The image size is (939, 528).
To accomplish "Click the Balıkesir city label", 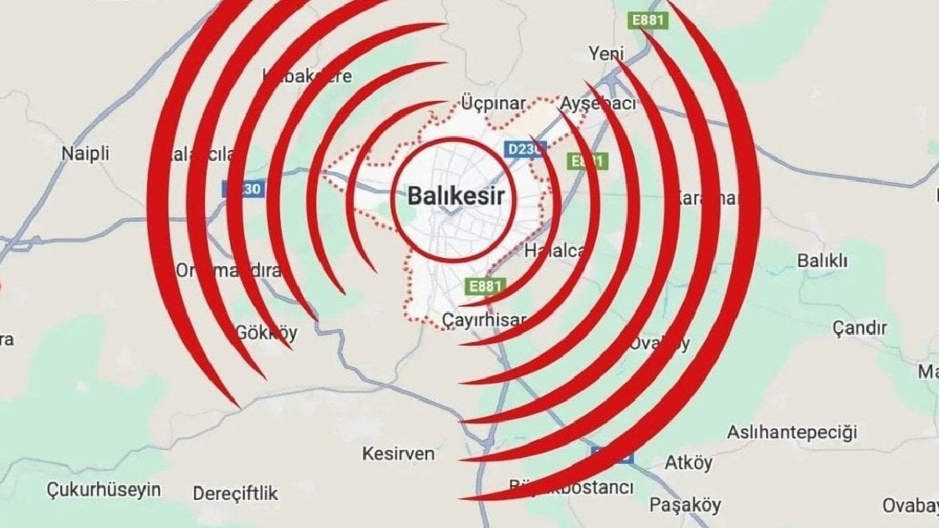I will point(455,196).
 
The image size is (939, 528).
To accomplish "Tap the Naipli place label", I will point(85,153).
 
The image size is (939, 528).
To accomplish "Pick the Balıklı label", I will point(822,261).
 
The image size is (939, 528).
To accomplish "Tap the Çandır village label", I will point(859,328).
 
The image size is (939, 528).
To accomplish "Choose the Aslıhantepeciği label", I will point(792,432).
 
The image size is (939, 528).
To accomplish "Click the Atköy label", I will point(688,463).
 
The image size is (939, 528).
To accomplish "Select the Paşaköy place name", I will point(685,505).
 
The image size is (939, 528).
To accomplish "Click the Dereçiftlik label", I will point(235,494).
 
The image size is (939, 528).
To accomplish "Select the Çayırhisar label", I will point(484,319).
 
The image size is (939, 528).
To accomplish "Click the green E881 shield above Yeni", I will point(651,20).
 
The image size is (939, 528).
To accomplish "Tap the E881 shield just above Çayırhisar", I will point(486,286).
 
